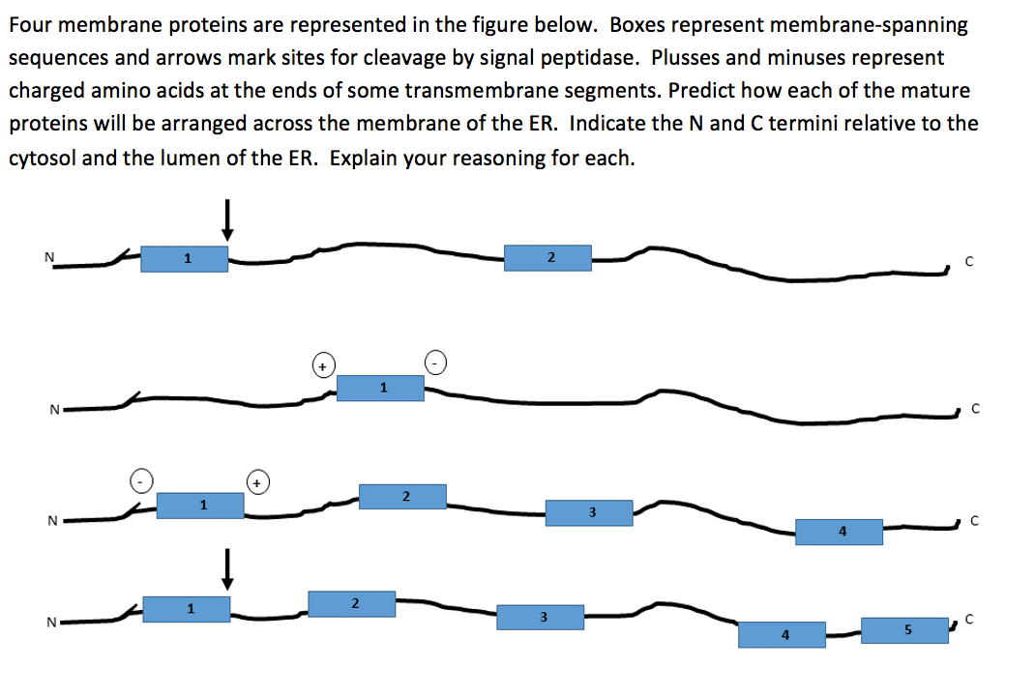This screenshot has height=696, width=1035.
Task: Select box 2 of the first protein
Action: click(547, 257)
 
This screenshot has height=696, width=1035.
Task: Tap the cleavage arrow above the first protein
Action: click(227, 218)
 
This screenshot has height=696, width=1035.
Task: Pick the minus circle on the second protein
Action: click(437, 362)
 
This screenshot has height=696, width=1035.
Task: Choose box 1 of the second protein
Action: click(380, 388)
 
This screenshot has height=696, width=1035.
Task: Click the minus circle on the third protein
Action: click(141, 479)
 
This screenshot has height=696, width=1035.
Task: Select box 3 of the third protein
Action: click(589, 512)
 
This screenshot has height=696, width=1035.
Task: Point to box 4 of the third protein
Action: click(839, 532)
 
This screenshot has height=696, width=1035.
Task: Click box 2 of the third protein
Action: click(402, 497)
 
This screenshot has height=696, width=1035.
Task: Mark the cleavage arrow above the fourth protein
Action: click(227, 568)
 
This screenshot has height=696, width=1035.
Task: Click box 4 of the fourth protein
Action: click(782, 635)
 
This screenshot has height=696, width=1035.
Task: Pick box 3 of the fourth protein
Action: click(541, 617)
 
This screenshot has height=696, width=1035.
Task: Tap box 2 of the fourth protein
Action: click(352, 604)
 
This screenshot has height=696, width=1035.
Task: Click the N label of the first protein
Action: click(48, 257)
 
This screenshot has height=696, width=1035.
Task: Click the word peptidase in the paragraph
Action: click(592, 57)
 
